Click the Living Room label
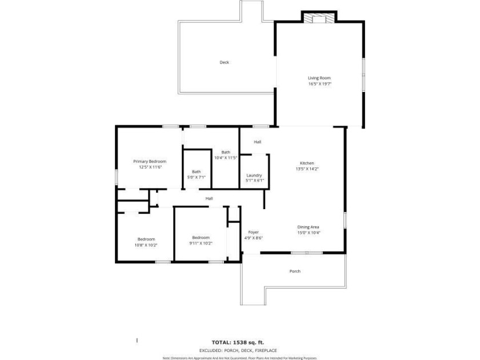point(319,78)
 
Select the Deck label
point(225,62)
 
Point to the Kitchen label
point(307,163)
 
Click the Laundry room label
point(254,175)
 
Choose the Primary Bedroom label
point(146,161)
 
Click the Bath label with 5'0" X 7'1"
point(196,171)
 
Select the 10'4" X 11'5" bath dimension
point(226,158)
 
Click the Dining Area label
point(308,227)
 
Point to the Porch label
point(294,271)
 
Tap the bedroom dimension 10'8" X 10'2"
point(146,245)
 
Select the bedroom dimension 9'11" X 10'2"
point(201,243)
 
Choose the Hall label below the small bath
point(209,198)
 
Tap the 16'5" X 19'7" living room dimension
point(320,84)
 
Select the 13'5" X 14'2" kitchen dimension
point(307,169)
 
